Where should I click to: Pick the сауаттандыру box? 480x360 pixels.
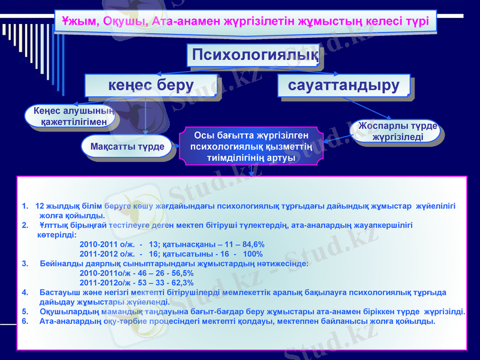coord(344,85)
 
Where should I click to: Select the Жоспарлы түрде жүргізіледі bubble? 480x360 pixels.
coord(397,131)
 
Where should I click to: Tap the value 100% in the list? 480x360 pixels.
coord(253,254)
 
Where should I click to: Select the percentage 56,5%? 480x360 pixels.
coord(179,273)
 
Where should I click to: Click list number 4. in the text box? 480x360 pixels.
coord(25,292)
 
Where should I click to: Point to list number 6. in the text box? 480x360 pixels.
coord(25,321)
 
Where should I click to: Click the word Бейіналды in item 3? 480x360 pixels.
coord(60,263)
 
